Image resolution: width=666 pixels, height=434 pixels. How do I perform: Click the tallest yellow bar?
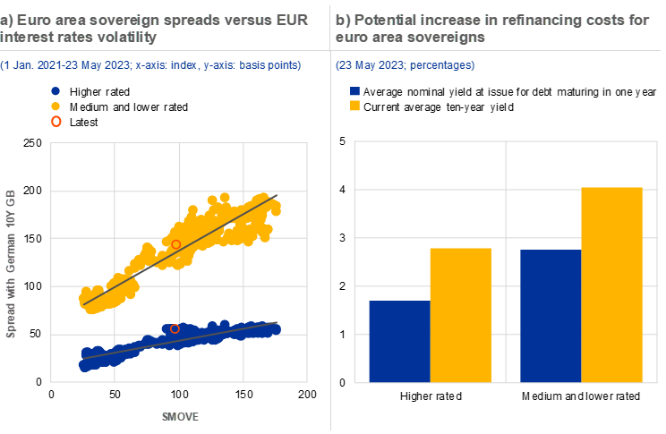(612, 285)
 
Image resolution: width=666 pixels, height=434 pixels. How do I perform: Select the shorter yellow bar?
(461, 315)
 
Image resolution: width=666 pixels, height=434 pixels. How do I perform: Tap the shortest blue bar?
(399, 341)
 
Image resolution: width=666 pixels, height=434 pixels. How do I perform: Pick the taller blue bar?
(551, 316)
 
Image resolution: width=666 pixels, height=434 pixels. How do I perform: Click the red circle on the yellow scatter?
(175, 244)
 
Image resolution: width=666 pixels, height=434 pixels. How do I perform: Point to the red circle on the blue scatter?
(175, 328)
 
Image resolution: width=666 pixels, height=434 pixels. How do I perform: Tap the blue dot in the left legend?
(55, 90)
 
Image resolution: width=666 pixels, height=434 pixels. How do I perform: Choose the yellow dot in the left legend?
(55, 106)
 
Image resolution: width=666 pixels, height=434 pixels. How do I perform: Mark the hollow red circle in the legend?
(55, 121)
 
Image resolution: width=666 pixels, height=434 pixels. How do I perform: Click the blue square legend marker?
(355, 90)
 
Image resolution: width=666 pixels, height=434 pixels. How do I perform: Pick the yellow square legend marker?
(355, 106)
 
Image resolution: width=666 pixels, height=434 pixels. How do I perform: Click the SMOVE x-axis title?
(180, 417)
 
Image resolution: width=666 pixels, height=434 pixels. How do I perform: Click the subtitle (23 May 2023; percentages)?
(406, 65)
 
